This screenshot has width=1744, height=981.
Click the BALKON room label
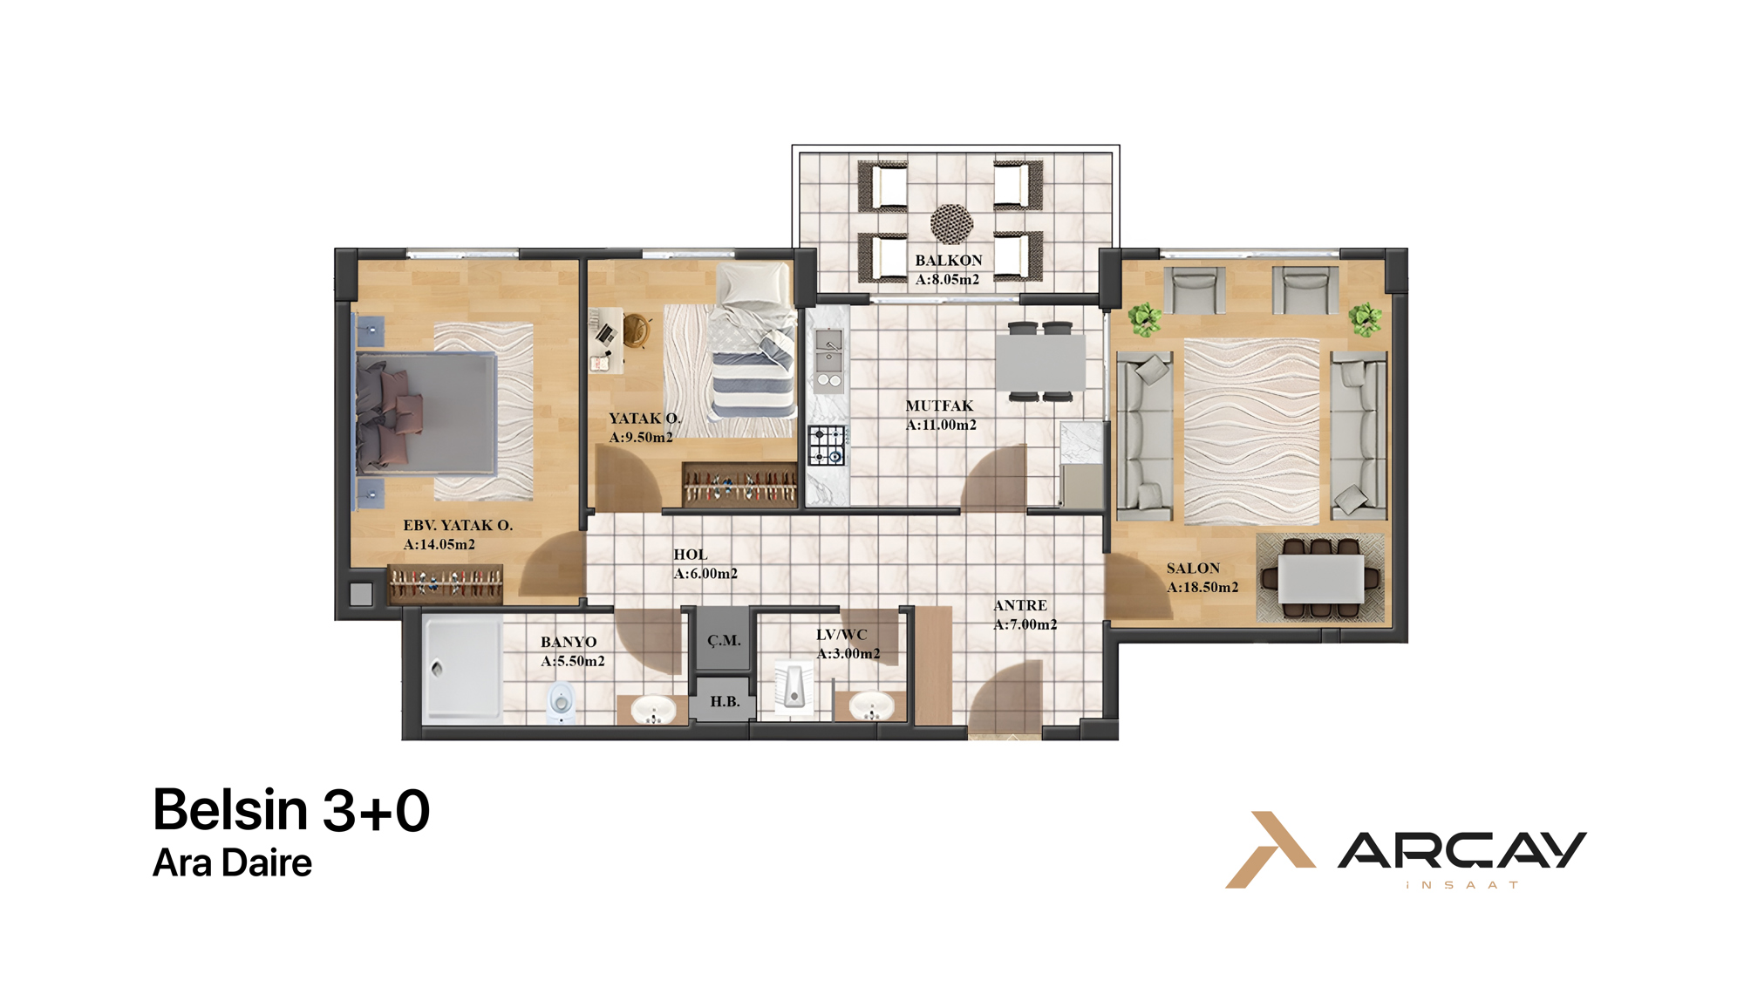point(949,260)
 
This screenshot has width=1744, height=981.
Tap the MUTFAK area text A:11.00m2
point(941,425)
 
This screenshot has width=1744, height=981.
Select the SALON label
point(1193,568)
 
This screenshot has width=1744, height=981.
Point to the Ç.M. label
point(724,640)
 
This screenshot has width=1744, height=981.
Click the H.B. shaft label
point(725,701)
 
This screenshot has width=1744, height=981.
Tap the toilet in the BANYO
point(562,702)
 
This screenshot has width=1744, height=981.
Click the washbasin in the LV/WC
point(870,705)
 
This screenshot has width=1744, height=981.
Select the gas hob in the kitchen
point(827,446)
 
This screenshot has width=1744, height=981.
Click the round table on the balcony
point(951,223)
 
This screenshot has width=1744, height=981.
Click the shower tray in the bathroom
point(462,669)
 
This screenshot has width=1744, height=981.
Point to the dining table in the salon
point(1320,579)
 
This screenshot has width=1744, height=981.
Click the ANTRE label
point(1020,605)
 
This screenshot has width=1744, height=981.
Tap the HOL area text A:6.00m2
point(705,574)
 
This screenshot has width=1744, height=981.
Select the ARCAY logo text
point(1462,851)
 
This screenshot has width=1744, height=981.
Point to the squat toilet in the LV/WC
point(794,688)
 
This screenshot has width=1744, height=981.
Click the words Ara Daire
point(232,863)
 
